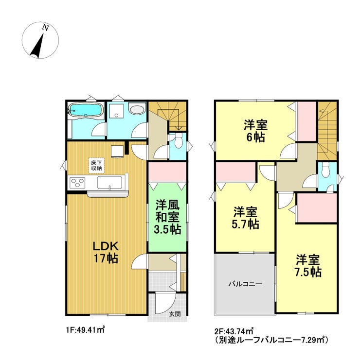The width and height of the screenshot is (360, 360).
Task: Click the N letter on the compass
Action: (46, 28)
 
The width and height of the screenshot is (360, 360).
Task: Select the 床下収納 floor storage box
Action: (96, 165)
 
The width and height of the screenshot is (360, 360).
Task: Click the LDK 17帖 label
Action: (106, 252)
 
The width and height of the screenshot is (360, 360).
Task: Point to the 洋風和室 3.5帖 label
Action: (167, 217)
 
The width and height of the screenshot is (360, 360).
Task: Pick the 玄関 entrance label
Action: (175, 314)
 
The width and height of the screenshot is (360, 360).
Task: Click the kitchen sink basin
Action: (109, 182)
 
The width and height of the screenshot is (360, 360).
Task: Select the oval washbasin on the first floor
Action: (137, 108)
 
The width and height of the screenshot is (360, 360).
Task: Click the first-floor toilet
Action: (178, 141)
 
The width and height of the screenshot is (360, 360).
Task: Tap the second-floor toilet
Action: (325, 171)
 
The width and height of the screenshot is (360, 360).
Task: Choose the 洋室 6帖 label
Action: (255, 131)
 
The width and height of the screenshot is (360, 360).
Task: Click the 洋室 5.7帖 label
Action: (246, 218)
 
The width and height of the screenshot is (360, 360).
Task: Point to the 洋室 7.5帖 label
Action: (308, 266)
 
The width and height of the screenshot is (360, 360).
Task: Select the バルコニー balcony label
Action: (245, 284)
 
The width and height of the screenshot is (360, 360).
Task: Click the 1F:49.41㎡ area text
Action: (85, 330)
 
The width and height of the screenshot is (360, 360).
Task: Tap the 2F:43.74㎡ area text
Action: (234, 331)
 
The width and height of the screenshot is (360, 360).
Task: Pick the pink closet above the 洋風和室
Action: (167, 171)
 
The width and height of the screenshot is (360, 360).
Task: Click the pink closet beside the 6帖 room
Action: (306, 121)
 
